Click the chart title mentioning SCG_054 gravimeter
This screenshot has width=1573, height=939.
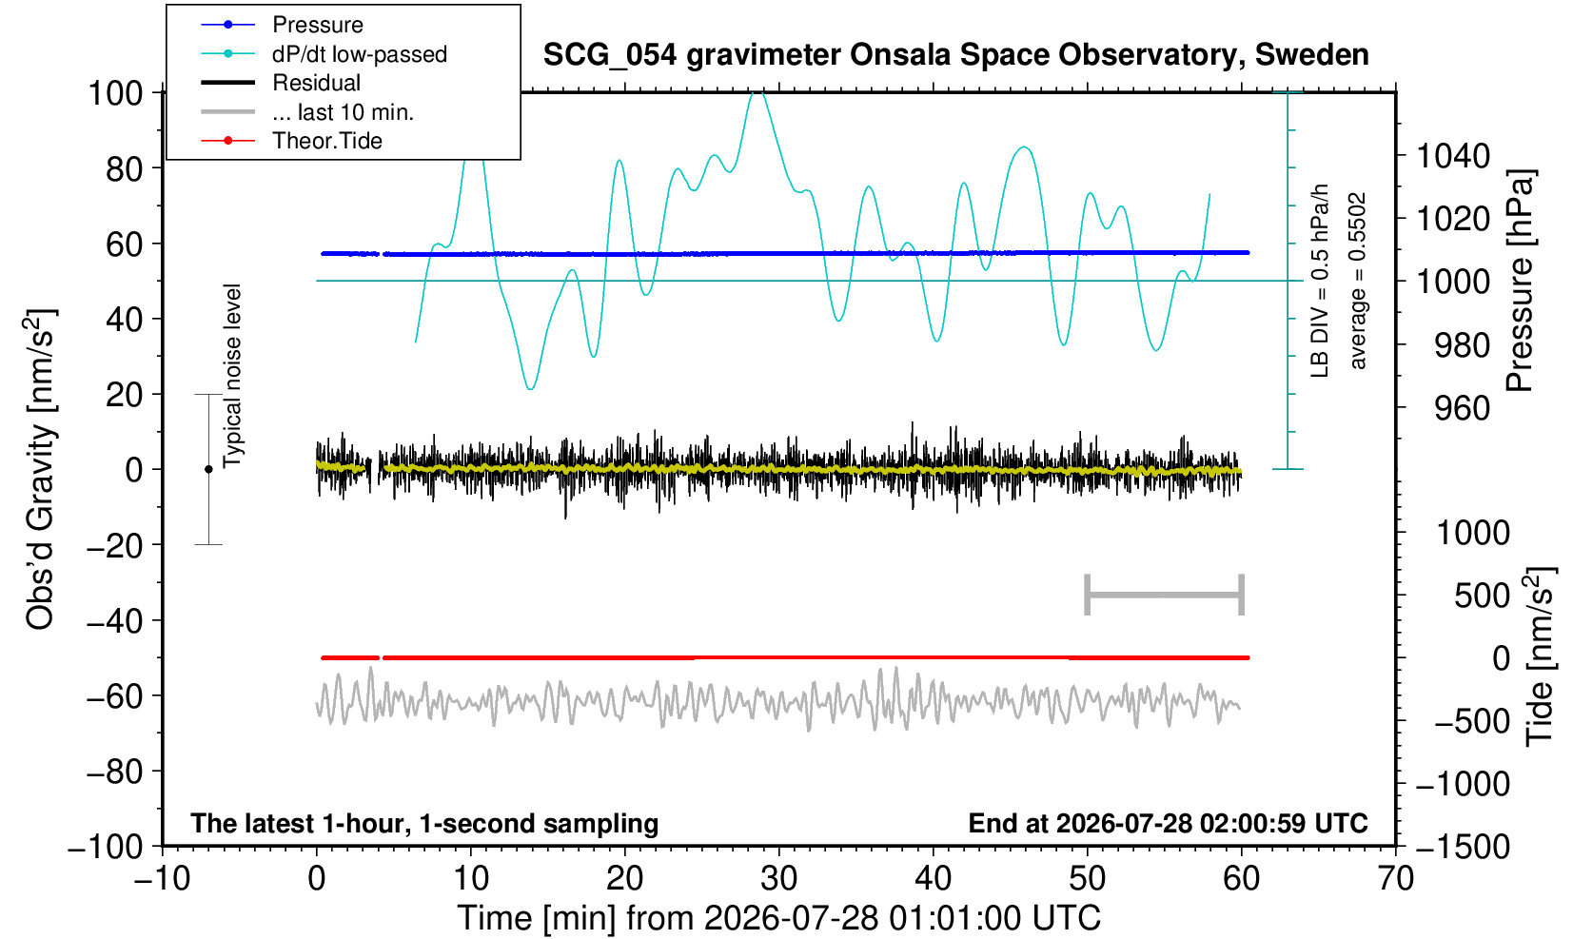click(955, 55)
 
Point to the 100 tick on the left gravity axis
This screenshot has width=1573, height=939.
click(115, 93)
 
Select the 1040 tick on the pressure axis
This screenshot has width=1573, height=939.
click(1453, 156)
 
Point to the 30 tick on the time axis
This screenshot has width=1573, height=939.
click(778, 879)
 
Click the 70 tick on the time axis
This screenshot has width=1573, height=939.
click(1395, 879)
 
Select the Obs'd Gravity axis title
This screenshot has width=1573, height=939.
click(40, 469)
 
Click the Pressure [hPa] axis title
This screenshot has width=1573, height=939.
click(1520, 281)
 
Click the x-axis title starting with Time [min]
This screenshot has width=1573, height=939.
click(778, 918)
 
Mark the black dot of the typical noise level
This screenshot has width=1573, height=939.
click(208, 469)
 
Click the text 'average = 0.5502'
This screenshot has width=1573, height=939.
click(1358, 281)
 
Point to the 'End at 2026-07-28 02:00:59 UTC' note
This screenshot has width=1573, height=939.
click(1168, 823)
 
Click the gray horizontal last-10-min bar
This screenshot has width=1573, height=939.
click(1165, 595)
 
